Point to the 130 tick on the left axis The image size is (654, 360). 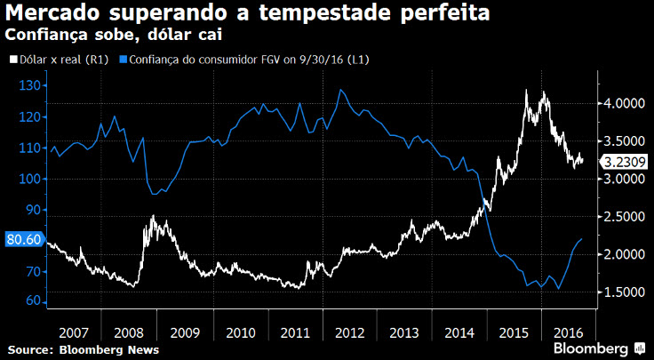tap(32, 85)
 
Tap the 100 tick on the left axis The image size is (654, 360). tap(32, 179)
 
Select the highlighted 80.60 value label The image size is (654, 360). tap(22, 239)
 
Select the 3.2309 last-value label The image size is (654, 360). tap(624, 162)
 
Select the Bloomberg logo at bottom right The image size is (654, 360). tap(598, 347)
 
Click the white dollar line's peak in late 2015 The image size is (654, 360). tap(527, 91)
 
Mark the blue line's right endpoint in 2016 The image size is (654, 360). tap(581, 239)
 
